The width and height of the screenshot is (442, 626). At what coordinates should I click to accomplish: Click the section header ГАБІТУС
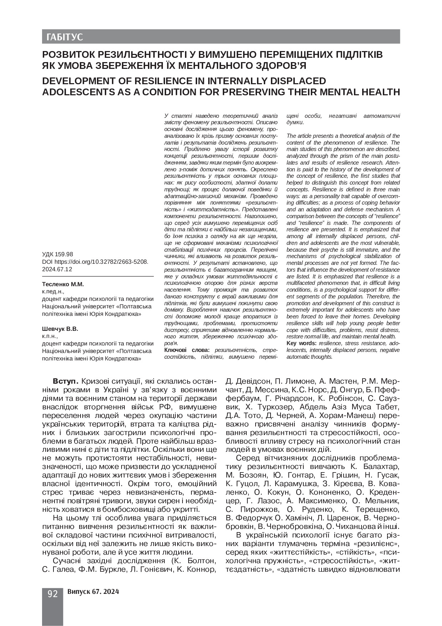pos(62,37)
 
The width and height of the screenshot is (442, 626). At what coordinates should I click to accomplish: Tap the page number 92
pos(52,594)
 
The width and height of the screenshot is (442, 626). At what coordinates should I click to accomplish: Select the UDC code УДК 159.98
pos(57,254)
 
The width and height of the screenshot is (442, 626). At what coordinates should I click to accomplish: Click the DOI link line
pos(95,262)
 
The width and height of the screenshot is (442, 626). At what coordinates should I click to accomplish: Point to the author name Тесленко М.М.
pos(63,284)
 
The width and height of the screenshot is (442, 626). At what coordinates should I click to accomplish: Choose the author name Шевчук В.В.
pos(60,329)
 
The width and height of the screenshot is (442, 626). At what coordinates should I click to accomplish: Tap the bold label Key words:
pos(302,343)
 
